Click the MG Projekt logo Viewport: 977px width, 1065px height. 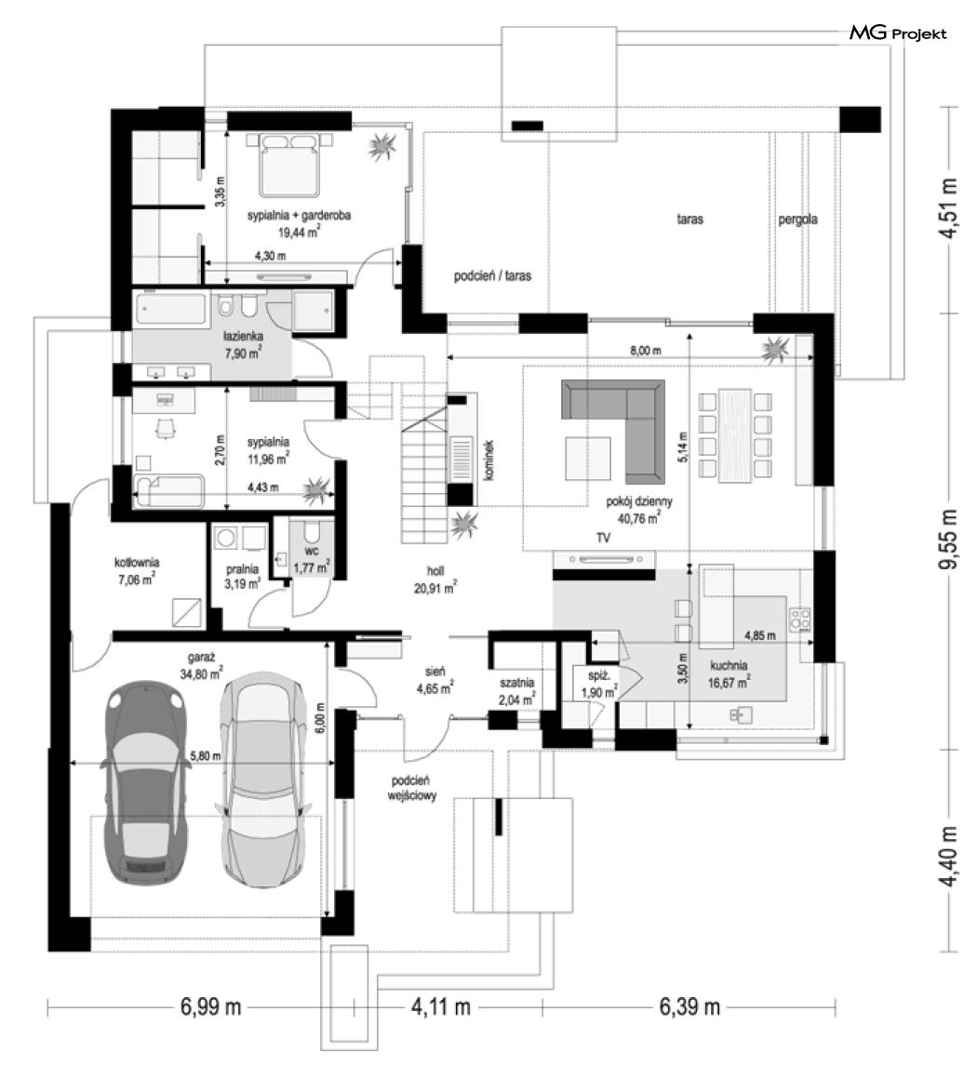point(898,33)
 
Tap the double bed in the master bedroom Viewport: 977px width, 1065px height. point(290,165)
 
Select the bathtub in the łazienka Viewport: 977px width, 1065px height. point(170,309)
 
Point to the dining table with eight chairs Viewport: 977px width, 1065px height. point(735,434)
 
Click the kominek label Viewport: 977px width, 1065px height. point(488,459)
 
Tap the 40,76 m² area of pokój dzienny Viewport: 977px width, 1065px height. point(638,518)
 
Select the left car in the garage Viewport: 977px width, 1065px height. point(145,783)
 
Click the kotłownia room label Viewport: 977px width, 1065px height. point(137,563)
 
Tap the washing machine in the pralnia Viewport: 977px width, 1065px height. point(225,539)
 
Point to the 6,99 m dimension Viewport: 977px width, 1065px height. point(210,1006)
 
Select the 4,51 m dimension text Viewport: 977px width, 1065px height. point(948,207)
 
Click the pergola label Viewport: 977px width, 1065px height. point(797,220)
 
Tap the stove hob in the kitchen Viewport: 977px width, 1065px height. point(799,619)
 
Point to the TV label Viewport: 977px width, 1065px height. point(603,538)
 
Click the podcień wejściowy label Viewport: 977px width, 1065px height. point(411,789)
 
